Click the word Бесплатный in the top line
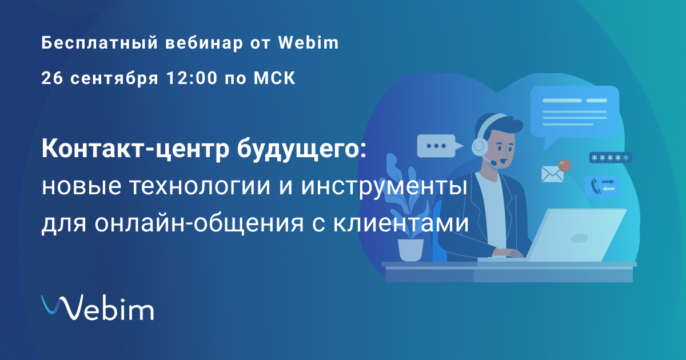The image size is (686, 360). point(99,43)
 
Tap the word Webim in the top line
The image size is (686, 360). point(308,42)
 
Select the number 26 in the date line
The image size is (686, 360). point(52,78)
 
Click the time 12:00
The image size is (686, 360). point(192,78)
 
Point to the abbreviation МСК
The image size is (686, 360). point(274,78)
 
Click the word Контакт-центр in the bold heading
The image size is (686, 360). point(135,149)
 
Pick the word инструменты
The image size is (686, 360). point(384,187)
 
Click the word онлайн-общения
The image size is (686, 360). point(199,222)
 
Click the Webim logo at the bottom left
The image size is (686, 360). point(97,307)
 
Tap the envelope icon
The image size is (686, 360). point(552,174)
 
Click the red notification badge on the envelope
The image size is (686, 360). point(564,165)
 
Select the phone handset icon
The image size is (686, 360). point(595,186)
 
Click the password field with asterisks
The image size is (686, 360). point(611,158)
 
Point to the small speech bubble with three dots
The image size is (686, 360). point(440,146)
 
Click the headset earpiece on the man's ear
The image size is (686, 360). point(480,147)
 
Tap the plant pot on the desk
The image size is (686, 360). point(410,250)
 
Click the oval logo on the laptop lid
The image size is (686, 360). point(580,238)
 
